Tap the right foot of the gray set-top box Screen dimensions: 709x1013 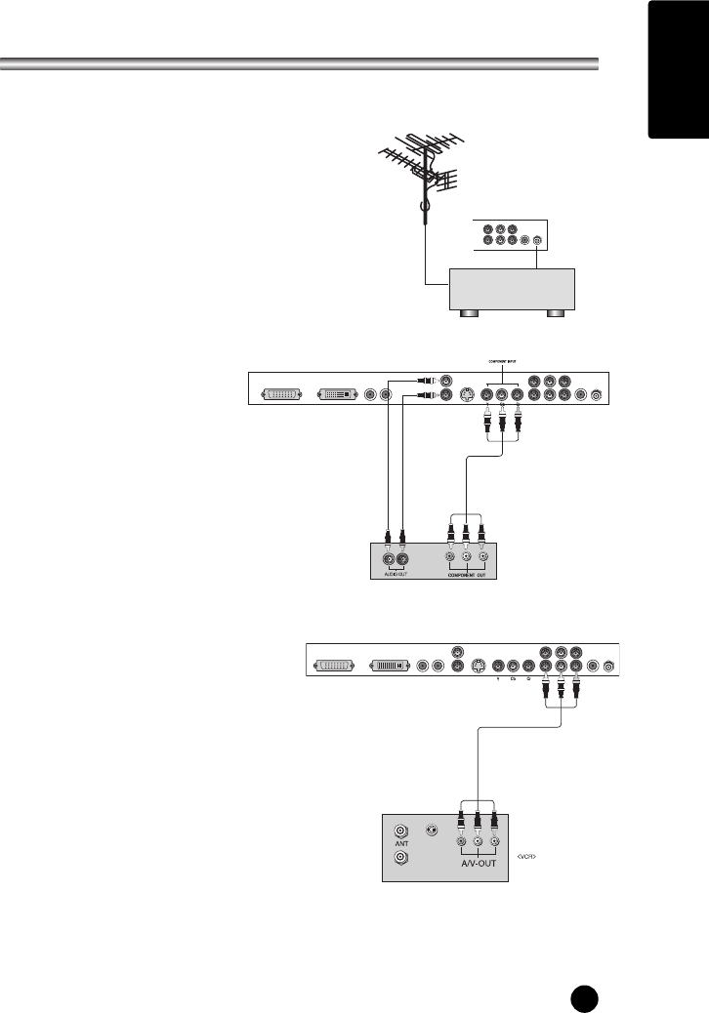(557, 313)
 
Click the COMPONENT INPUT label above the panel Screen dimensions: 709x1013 (503, 360)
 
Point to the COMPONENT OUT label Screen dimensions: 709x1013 (466, 576)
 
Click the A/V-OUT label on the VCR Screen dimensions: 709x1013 (478, 864)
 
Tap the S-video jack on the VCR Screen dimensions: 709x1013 (432, 831)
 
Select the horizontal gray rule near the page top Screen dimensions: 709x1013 (299, 65)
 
